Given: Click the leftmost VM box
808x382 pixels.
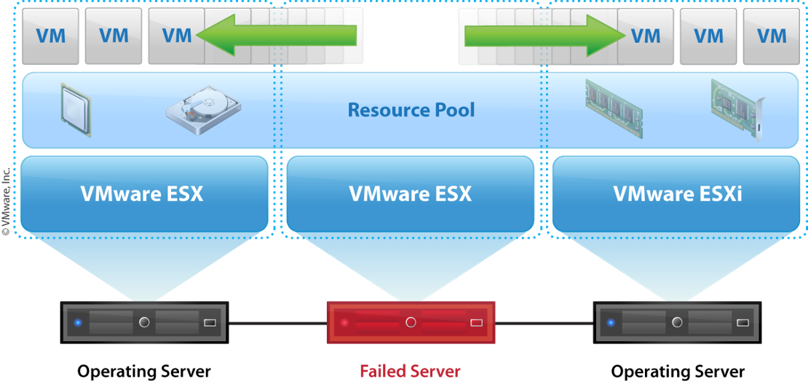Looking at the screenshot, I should pyautogui.click(x=51, y=36).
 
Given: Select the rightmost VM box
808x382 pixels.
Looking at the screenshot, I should pyautogui.click(x=771, y=36).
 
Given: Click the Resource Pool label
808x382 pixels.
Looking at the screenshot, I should pyautogui.click(x=411, y=111).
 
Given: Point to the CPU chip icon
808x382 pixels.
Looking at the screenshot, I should pyautogui.click(x=76, y=109).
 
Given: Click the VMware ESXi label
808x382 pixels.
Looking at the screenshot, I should pyautogui.click(x=678, y=194).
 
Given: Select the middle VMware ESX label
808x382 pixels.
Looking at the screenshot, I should pyautogui.click(x=411, y=194).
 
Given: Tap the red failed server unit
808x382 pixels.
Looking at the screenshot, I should pyautogui.click(x=411, y=322).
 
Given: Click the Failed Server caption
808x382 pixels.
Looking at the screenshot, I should pyautogui.click(x=410, y=371).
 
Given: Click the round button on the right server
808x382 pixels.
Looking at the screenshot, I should pyautogui.click(x=677, y=322).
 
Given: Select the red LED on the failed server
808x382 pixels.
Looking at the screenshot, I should pyautogui.click(x=344, y=322).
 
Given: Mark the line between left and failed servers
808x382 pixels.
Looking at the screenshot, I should pyautogui.click(x=277, y=322).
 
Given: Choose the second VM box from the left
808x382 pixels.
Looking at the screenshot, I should pyautogui.click(x=114, y=36).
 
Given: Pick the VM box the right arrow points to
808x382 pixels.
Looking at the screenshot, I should pyautogui.click(x=646, y=36).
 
